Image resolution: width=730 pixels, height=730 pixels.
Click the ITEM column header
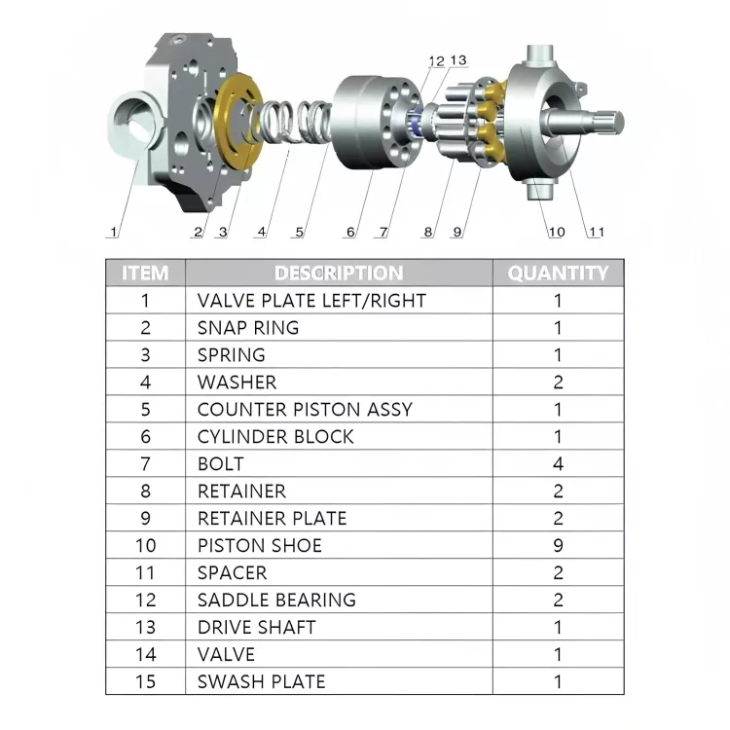[x=145, y=274]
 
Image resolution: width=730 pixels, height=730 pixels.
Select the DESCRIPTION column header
[x=339, y=274]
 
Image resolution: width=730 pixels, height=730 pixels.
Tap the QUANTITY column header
[x=558, y=274]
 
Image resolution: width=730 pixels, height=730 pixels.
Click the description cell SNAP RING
[x=248, y=328]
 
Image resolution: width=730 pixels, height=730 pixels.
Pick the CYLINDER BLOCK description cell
[x=275, y=437]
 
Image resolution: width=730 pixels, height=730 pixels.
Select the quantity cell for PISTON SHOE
[x=558, y=546]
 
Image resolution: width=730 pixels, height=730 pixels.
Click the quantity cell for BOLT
[x=558, y=464]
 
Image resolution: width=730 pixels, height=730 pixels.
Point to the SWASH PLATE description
[x=261, y=682]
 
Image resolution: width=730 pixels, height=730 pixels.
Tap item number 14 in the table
[x=145, y=655]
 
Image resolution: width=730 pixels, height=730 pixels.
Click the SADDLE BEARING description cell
[x=276, y=601]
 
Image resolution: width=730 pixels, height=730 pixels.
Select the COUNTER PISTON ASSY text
[x=305, y=410]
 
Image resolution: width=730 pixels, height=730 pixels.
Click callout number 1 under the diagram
[x=114, y=233]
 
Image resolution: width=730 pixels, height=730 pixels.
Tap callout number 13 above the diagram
[x=457, y=60]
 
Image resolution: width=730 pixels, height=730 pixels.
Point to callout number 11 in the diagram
[x=595, y=233]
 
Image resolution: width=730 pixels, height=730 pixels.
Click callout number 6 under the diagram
[x=350, y=233]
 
